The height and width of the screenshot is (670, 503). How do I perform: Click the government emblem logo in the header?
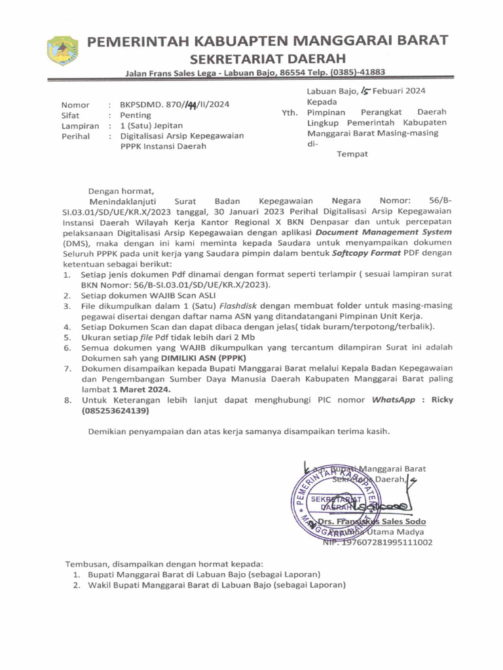[x=63, y=51]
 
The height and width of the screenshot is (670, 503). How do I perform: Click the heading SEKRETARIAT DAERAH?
[x=268, y=59]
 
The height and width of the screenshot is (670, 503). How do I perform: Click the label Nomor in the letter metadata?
[x=75, y=105]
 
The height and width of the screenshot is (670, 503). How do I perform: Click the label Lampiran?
[x=80, y=126]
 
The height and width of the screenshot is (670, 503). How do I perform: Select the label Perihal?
[x=75, y=136]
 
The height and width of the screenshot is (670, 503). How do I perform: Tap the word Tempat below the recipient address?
[x=352, y=154]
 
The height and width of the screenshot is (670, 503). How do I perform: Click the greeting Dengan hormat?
[x=123, y=190]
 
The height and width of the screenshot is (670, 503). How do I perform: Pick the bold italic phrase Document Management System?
[x=383, y=232]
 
